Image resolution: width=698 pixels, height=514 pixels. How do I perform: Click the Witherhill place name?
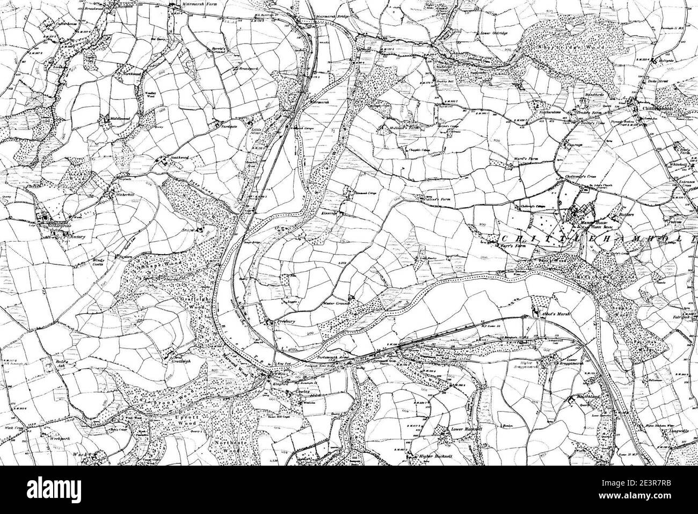127,192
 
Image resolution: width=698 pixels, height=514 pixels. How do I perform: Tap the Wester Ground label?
336,303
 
